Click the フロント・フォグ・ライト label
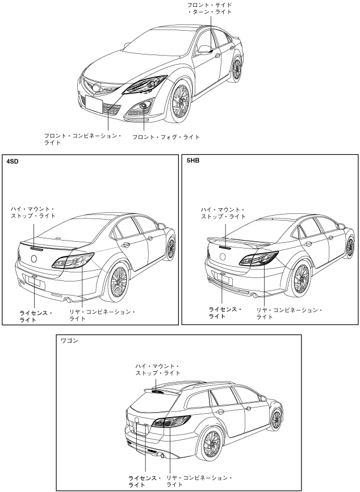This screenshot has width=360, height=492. pos(166,137)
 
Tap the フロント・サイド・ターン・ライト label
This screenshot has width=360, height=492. pos(210,8)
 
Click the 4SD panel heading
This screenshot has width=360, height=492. pos(13,162)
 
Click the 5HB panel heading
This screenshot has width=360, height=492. pos(192,162)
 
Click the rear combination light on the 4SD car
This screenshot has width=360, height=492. pos(74,261)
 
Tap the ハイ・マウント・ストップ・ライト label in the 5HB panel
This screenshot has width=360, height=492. pos(224,213)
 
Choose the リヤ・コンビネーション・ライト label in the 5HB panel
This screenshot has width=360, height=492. pos(289,313)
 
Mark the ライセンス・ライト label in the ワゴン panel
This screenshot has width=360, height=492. pos(143,482)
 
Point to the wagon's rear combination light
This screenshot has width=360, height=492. pos(170,423)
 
